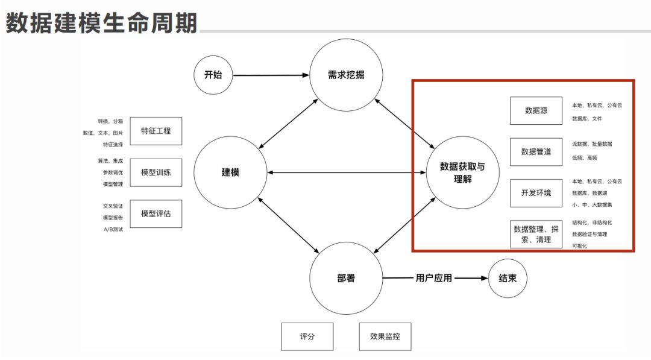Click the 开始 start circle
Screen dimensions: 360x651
(x=213, y=75)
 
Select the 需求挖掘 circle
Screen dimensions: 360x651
(x=346, y=75)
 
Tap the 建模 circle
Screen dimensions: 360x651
(x=230, y=172)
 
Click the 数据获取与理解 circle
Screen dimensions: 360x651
(x=462, y=172)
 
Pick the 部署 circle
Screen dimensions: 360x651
(x=346, y=278)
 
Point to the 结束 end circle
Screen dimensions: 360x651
(x=508, y=278)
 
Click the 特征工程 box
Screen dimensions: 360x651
(x=156, y=131)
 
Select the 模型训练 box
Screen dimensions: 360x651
(x=156, y=172)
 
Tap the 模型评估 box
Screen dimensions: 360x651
(x=156, y=213)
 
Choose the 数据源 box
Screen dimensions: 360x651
(x=536, y=111)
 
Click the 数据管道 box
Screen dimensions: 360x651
(x=536, y=152)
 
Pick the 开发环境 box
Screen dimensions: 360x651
(x=536, y=193)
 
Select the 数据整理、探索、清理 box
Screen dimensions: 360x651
(x=536, y=235)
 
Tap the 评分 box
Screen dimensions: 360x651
(x=307, y=336)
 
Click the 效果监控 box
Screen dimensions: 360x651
(x=385, y=336)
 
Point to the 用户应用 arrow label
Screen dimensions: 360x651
(x=433, y=278)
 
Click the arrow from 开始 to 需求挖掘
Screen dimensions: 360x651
(x=271, y=75)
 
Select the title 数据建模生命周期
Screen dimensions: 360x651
(x=101, y=24)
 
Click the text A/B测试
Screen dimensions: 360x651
(x=113, y=229)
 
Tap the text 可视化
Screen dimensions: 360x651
(x=580, y=246)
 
